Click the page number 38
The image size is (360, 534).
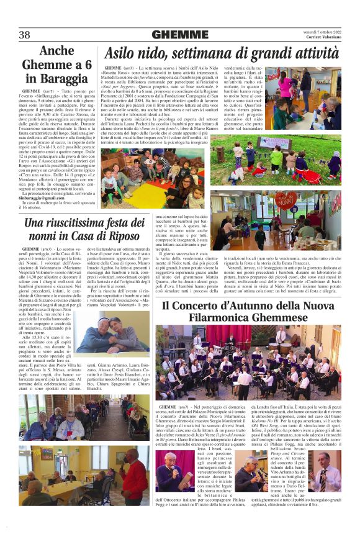coord(25,35)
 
